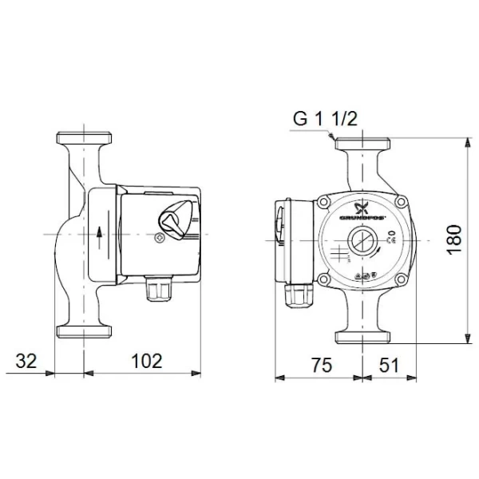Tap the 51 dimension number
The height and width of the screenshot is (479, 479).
pyautogui.click(x=389, y=366)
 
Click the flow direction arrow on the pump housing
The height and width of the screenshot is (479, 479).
pyautogui.click(x=98, y=233)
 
